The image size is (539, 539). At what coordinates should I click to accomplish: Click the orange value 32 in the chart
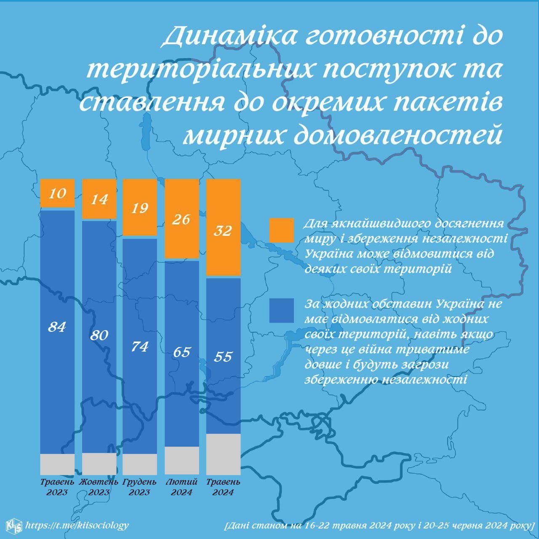click(223, 230)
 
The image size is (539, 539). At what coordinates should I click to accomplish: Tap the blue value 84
click(57, 326)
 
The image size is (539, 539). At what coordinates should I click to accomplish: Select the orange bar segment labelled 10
click(57, 193)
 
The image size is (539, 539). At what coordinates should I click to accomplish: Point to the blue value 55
click(223, 357)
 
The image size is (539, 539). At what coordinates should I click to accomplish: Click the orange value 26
click(181, 219)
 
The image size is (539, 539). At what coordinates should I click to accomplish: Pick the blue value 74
click(140, 347)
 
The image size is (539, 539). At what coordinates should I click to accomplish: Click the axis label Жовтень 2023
click(99, 487)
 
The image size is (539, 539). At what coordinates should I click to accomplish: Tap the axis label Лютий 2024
click(181, 487)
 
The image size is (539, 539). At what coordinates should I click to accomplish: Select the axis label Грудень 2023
click(140, 487)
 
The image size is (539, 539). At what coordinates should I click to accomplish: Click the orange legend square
click(281, 230)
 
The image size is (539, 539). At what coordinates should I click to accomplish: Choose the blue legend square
click(281, 311)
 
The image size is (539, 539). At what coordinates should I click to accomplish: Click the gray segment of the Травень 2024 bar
click(223, 454)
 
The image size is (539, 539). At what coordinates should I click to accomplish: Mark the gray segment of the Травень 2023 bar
click(57, 464)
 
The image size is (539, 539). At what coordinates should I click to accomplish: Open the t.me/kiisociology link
click(77, 525)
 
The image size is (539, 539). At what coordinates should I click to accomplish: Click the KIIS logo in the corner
click(14, 525)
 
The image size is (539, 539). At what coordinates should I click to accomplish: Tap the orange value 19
click(140, 208)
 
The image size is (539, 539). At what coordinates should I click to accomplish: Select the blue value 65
click(181, 352)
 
